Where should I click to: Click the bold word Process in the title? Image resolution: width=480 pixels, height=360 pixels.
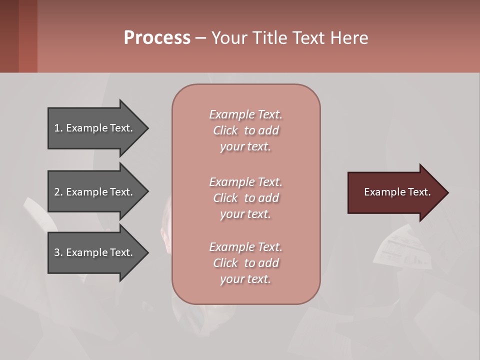point(157,37)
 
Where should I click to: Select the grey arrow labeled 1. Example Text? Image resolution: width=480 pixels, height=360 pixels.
point(95,128)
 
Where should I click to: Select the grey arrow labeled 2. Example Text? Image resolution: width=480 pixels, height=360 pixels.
point(95,192)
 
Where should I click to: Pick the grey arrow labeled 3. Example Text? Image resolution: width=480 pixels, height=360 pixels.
point(95,252)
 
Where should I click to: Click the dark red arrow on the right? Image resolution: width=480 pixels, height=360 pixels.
point(395,192)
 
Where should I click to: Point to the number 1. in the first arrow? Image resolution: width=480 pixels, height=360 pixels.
point(58,128)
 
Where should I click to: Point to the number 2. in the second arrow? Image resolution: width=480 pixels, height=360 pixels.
point(58,192)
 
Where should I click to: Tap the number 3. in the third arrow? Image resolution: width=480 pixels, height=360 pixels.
point(58,252)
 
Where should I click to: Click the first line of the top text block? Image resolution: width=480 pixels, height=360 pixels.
point(245,114)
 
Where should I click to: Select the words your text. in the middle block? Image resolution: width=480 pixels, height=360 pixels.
point(245,214)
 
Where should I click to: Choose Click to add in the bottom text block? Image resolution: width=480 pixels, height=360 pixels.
point(245,263)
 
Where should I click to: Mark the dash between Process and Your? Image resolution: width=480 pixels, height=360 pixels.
point(200,38)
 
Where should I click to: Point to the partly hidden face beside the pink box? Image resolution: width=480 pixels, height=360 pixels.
point(166,235)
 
